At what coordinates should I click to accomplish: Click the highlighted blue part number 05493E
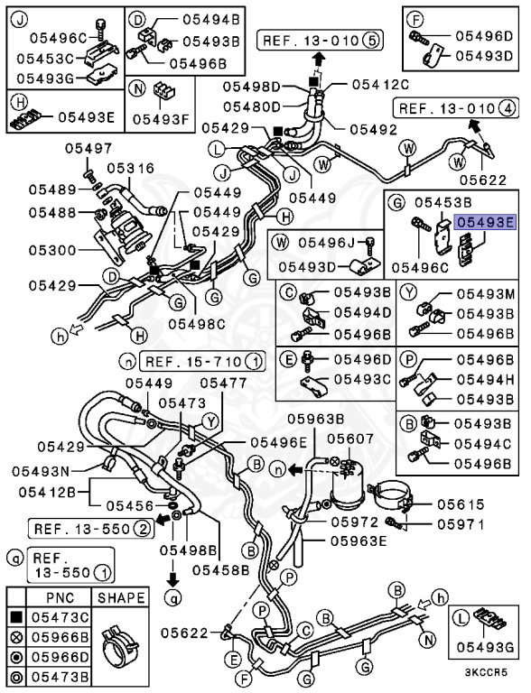(x=485, y=219)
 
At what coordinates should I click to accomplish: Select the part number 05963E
(x=359, y=541)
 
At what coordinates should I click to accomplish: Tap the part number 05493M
(x=485, y=294)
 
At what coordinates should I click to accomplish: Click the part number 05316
(x=131, y=168)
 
